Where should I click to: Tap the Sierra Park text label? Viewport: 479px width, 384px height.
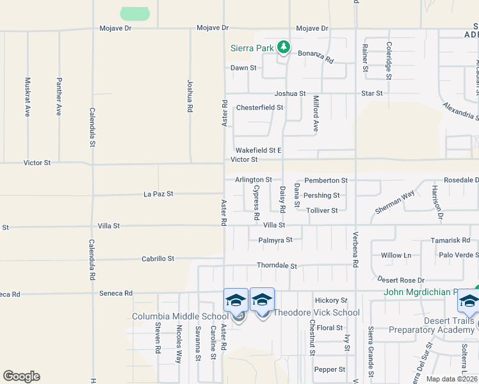(x=252, y=48)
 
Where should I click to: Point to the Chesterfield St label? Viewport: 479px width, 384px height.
(x=259, y=108)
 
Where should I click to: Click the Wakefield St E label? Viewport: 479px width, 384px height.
(x=258, y=150)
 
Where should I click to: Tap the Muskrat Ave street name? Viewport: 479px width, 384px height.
(x=28, y=97)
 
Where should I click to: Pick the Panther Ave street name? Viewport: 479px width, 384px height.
(x=59, y=97)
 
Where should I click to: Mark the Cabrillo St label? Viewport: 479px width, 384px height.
(x=158, y=259)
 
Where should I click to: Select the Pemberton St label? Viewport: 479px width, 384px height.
(x=326, y=180)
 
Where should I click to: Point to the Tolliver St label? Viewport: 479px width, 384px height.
(x=321, y=211)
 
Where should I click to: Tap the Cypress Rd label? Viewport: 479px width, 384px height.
(x=256, y=199)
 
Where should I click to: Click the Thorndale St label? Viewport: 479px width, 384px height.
(x=277, y=266)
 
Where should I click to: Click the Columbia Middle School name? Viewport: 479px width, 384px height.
(x=180, y=316)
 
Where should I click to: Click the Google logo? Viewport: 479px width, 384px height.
(x=21, y=376)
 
